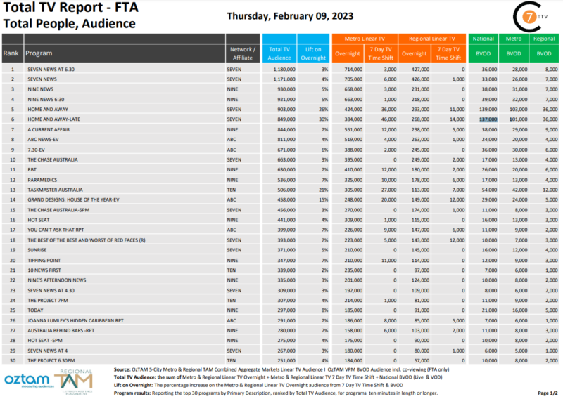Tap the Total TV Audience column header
point(279,53)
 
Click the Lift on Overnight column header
point(313,53)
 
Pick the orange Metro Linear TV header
point(365,39)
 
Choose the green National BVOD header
point(483,39)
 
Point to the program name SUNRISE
point(39,251)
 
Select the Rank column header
point(11,53)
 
